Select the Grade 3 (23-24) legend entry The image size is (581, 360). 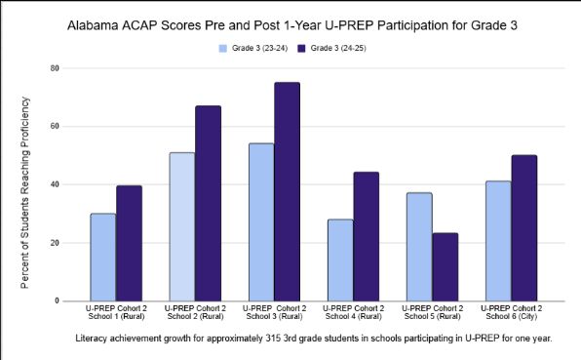click(x=250, y=47)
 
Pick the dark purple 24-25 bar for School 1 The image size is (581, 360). click(x=129, y=243)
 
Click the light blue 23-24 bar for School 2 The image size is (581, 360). click(x=181, y=226)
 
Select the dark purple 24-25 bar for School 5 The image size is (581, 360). click(x=445, y=266)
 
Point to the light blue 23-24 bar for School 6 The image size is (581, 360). click(x=497, y=240)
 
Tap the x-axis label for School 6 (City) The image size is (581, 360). click(x=510, y=313)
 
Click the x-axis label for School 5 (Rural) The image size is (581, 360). click(x=431, y=313)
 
